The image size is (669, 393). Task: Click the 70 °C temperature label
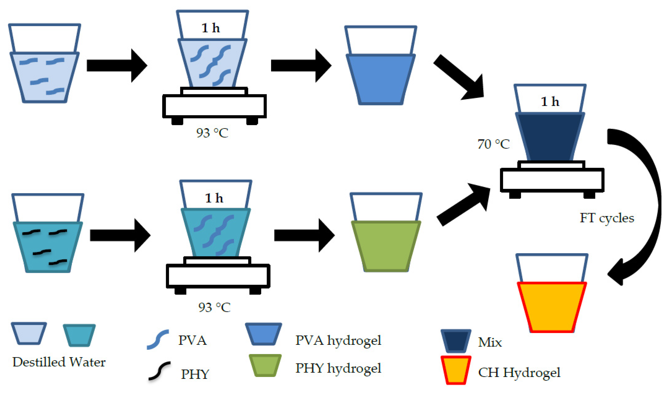pos(494,144)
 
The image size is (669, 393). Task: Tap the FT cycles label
pos(607,218)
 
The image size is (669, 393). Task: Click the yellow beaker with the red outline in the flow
pos(552,307)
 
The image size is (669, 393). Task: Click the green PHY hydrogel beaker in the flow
pos(386,245)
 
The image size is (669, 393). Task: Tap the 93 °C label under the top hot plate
pos(212,133)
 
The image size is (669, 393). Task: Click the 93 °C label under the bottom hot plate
pos(214,307)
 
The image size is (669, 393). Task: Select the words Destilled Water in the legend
pos(59,362)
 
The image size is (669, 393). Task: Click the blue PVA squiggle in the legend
pos(158,339)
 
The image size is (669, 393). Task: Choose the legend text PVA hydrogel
pos(338,340)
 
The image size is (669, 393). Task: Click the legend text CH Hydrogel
pos(519,372)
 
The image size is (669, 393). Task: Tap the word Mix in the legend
pos(490,342)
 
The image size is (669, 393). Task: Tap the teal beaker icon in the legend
pos(79,335)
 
